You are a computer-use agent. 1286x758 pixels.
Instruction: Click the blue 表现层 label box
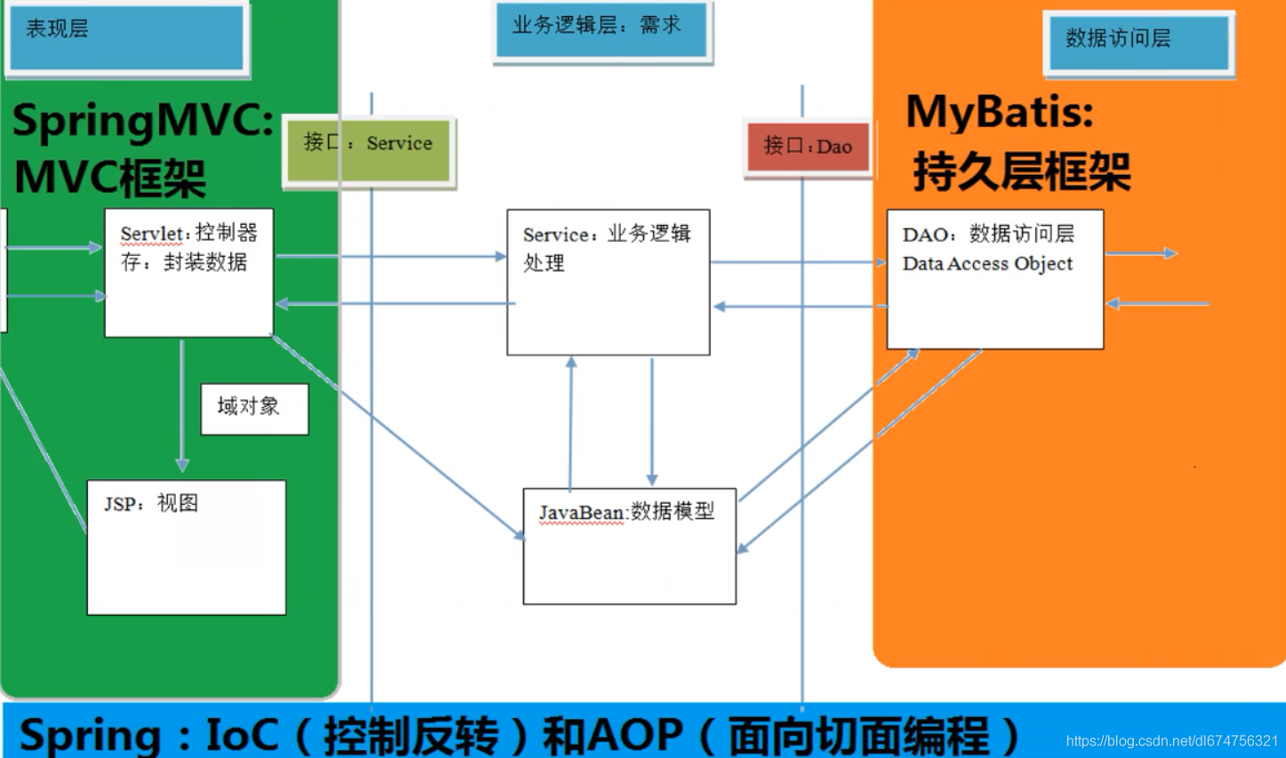(126, 36)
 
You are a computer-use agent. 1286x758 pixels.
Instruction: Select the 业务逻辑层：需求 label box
(601, 29)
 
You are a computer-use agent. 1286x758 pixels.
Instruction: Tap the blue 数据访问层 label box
(1138, 42)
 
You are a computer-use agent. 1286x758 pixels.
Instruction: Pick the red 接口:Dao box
(807, 148)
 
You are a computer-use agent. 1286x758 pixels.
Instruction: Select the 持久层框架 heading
(1022, 172)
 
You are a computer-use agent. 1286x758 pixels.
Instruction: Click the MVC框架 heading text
(109, 177)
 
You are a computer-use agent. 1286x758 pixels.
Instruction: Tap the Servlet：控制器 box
(189, 273)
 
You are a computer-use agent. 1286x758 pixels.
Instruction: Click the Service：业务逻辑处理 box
(608, 282)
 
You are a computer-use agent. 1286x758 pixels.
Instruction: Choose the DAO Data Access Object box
(994, 279)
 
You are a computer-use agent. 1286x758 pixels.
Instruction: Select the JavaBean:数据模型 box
(629, 546)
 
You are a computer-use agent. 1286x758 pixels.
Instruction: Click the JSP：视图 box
(186, 547)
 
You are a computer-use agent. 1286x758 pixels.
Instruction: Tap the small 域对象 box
(254, 409)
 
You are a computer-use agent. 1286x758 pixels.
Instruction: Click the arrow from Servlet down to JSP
(182, 404)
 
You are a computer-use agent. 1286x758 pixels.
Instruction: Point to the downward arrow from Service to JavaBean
(652, 422)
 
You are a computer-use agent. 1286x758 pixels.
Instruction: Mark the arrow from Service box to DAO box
(798, 262)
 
